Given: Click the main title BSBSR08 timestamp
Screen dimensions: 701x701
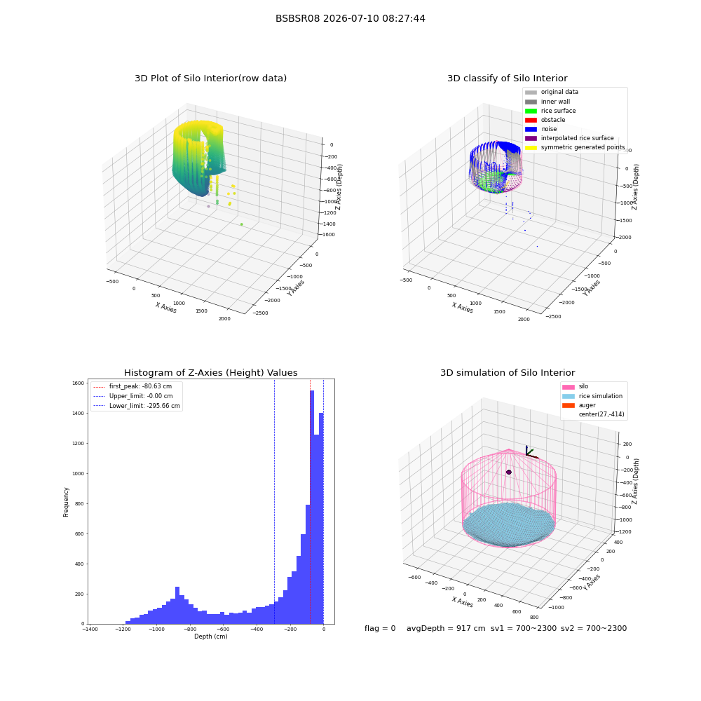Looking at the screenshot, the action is pos(350,18).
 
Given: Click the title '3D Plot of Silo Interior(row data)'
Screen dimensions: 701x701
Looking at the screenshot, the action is pos(210,79).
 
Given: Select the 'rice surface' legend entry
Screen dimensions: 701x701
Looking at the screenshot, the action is pos(550,111).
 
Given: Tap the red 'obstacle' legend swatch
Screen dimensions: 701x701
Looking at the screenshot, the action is pos(531,121).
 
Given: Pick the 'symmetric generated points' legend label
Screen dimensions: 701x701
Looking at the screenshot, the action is pos(583,147).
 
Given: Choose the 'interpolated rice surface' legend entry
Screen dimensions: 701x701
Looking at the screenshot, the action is pos(569,138).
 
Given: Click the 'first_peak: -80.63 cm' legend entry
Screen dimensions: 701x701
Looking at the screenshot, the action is pos(132,386).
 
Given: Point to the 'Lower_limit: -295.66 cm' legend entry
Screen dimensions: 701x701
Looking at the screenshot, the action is pos(137,406).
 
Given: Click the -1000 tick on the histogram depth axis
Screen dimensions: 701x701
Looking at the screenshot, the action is pos(156,629).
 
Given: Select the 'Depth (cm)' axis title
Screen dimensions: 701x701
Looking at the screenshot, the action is pos(211,637).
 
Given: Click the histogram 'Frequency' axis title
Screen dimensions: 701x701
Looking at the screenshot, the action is pos(66,502).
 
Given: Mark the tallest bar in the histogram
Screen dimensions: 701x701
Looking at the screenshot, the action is pos(312,508).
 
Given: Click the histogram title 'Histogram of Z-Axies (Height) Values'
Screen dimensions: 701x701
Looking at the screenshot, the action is pos(210,373).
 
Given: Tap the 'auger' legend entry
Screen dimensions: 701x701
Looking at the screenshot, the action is pos(579,405).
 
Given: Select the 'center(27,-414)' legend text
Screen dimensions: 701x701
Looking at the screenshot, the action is pos(601,414).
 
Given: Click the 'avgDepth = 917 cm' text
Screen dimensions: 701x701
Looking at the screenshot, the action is pos(446,629).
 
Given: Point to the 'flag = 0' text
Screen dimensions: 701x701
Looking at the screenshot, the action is pos(380,629).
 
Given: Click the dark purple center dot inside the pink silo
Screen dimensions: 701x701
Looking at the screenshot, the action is pos(509,472).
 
